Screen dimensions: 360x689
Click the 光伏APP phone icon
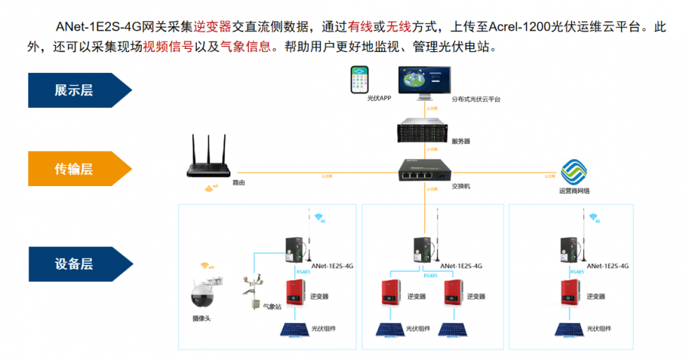coord(358,80)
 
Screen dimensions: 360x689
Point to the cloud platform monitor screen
coord(424,80)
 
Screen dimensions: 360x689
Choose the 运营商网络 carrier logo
coord(573,172)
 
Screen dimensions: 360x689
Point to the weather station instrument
coord(252,290)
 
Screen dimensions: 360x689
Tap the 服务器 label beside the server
coord(461,142)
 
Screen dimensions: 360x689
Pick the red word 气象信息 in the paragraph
coord(245,46)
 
